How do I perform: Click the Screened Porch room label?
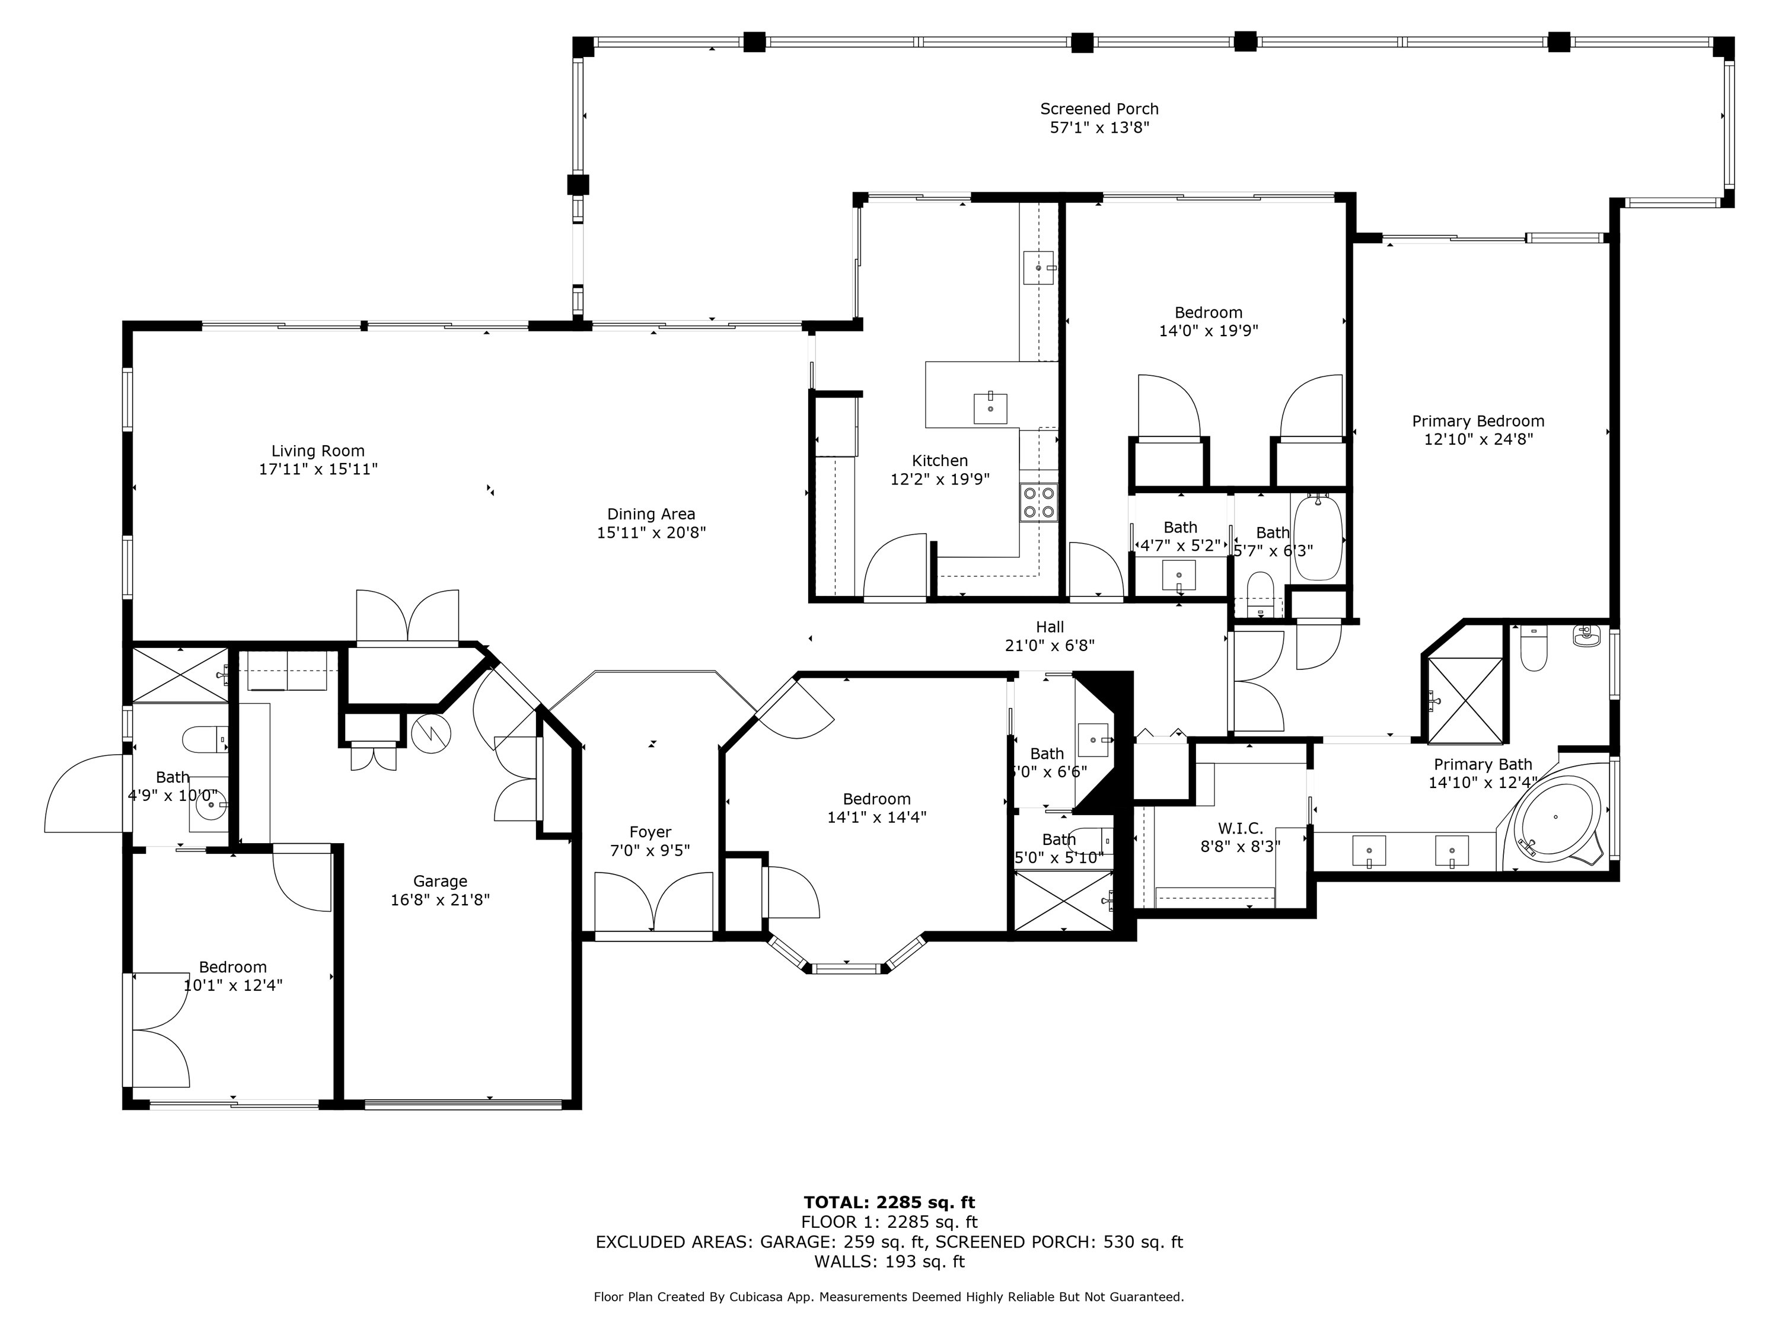click(1099, 108)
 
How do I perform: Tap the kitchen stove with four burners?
click(1039, 503)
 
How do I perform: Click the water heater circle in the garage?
click(431, 733)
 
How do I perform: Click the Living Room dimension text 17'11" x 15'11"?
click(318, 470)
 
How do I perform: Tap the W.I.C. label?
click(1240, 828)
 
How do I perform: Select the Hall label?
click(1050, 627)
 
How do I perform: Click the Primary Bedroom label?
click(1478, 422)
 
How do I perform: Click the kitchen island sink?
click(990, 408)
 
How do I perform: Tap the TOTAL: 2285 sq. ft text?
click(889, 1203)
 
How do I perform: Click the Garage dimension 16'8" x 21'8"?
click(440, 900)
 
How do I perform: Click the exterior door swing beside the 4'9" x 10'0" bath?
click(84, 794)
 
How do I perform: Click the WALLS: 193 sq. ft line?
click(889, 1262)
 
